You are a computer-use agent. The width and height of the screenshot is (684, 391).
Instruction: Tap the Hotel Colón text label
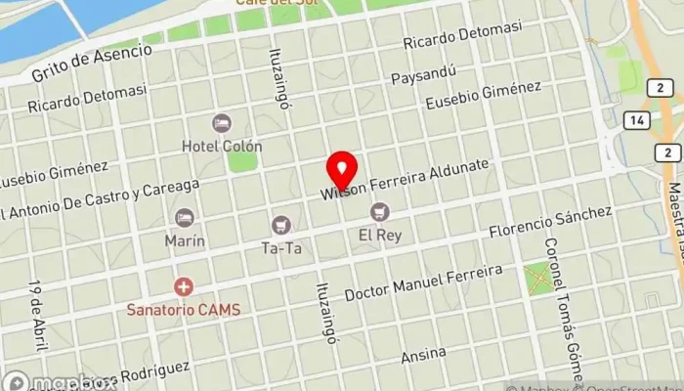click(222, 147)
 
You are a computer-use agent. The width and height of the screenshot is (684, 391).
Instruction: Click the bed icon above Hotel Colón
click(222, 124)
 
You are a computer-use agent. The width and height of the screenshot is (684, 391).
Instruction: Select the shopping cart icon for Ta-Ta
click(281, 226)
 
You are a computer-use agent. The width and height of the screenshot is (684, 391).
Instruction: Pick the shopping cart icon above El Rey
click(379, 212)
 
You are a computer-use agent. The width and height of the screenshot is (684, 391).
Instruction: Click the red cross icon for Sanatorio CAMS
click(183, 287)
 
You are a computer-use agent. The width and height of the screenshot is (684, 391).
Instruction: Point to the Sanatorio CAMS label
click(184, 309)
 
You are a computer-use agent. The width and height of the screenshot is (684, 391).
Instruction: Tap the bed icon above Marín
click(184, 218)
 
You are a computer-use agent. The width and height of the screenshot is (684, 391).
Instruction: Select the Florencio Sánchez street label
click(550, 224)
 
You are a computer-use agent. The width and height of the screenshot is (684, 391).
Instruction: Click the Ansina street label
click(423, 354)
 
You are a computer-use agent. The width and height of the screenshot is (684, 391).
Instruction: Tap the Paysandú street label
click(422, 75)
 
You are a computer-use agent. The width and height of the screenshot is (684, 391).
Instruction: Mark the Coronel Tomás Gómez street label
click(562, 310)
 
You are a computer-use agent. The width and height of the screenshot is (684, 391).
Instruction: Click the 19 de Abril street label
click(37, 311)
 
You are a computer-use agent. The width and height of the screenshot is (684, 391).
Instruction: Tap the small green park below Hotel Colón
click(241, 160)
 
